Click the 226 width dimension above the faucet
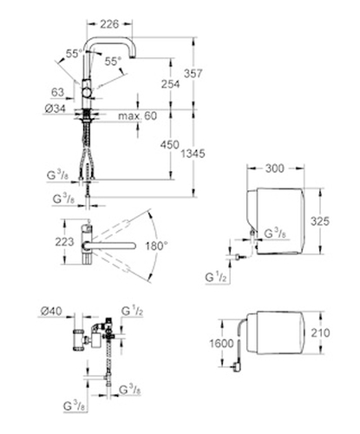point(109,24)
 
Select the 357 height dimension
point(193,74)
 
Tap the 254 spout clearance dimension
point(170,84)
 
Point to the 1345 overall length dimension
point(193,154)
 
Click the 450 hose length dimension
point(170,145)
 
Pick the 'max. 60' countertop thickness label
point(138,116)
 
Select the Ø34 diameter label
point(56,108)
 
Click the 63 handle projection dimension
point(57,92)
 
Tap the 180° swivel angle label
point(156,247)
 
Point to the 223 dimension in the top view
point(64,241)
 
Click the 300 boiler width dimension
point(275,168)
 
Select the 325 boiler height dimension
point(320,221)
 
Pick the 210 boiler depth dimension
point(320,332)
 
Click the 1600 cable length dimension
point(221,344)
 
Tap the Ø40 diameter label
point(51,311)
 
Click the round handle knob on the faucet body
point(87,93)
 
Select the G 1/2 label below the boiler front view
point(216,278)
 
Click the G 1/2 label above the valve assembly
point(132,311)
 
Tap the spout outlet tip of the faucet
point(132,57)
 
